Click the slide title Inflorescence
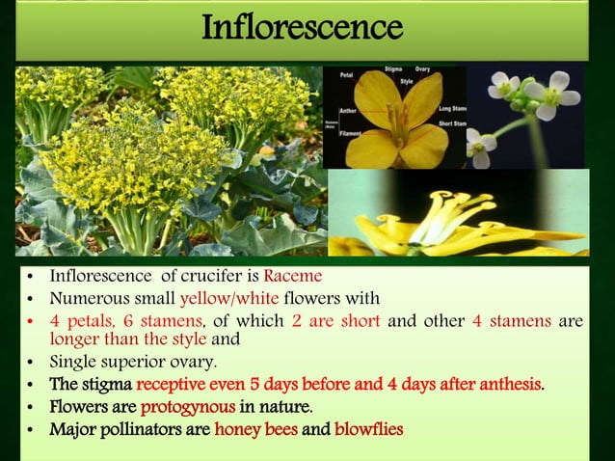point(301,28)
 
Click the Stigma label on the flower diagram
point(391,70)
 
